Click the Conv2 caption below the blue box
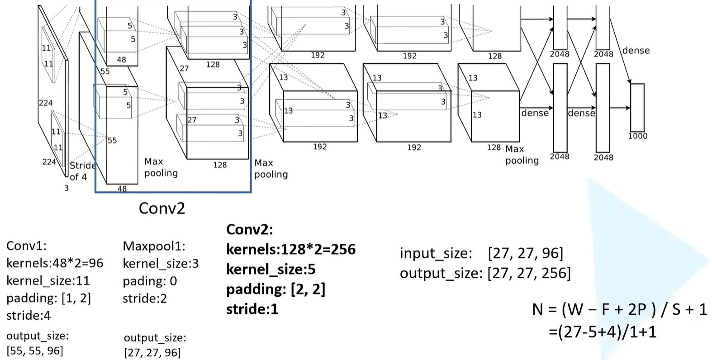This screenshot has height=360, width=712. click(x=162, y=208)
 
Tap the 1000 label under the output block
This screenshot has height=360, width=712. click(x=637, y=136)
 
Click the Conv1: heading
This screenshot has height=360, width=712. click(x=27, y=246)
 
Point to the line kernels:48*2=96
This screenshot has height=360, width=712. click(x=55, y=263)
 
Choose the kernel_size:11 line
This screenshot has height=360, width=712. click(x=48, y=280)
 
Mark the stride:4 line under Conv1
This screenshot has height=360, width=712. click(x=28, y=315)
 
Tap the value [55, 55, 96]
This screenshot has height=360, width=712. click(x=35, y=351)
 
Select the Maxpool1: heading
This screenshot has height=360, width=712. click(x=154, y=246)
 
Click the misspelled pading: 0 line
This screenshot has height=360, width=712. click(x=150, y=281)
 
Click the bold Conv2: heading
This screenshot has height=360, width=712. click(x=250, y=229)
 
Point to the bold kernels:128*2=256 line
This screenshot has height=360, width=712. click(x=291, y=249)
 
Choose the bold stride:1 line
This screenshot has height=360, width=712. click(x=252, y=309)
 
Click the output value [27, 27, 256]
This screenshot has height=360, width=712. click(x=529, y=273)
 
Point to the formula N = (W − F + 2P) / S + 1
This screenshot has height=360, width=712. click(x=619, y=309)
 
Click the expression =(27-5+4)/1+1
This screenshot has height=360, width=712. click(x=602, y=332)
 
